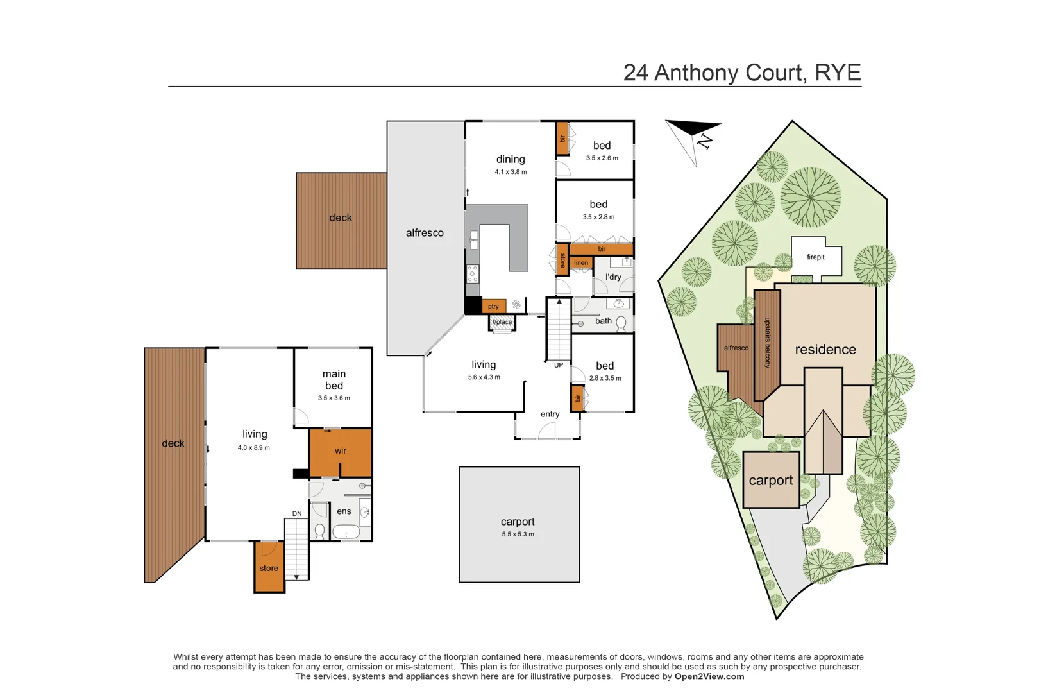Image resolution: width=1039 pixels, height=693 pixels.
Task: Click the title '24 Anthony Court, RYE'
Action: pos(741,73)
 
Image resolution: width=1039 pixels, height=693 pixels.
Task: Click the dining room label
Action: pos(511,159)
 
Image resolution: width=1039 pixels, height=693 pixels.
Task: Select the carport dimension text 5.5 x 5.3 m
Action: pos(518,534)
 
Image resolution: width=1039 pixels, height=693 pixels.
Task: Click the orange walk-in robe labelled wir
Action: pos(340,450)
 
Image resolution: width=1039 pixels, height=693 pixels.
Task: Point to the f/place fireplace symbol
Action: pos(502,323)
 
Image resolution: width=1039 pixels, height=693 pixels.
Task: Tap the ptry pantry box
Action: pos(493,306)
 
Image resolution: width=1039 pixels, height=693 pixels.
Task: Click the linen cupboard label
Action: pos(581,262)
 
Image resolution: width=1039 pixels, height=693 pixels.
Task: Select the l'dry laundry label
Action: pos(613,277)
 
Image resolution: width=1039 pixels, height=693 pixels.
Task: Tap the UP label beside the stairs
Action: pos(559,365)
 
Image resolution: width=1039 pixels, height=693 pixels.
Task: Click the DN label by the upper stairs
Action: pos(297,513)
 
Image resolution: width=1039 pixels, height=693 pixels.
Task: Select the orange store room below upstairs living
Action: pos(269,568)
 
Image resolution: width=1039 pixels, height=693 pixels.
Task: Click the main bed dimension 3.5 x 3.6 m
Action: pos(334,398)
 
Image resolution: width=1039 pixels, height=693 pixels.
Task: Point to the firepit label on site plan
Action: pos(815,257)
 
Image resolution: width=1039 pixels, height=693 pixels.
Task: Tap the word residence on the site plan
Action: pos(825,350)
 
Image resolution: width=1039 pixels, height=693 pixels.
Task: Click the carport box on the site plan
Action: pos(771,480)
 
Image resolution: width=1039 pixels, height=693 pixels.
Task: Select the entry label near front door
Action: pos(550,414)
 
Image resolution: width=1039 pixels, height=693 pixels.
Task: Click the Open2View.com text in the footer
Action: pos(709,676)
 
